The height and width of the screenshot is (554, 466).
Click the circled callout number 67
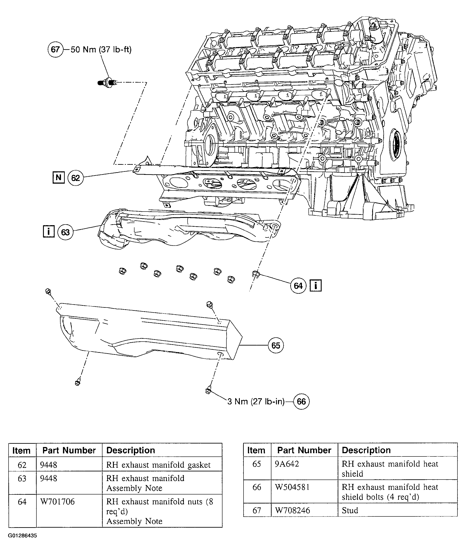56,49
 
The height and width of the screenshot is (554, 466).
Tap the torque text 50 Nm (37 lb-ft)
101,49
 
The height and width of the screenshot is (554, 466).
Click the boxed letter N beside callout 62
58,177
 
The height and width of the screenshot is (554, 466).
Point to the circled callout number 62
75,178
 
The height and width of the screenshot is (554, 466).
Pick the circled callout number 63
65,232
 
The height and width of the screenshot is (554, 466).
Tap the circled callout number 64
298,286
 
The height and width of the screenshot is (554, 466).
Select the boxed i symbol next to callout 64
316,286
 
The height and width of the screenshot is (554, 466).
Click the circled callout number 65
276,345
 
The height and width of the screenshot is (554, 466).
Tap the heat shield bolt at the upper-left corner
48,291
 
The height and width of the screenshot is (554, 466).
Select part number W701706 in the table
57,502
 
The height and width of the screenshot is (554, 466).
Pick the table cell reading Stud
350,510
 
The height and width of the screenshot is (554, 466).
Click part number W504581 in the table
292,487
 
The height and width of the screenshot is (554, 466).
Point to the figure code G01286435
22,536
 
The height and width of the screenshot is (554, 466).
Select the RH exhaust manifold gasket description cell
158,465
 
